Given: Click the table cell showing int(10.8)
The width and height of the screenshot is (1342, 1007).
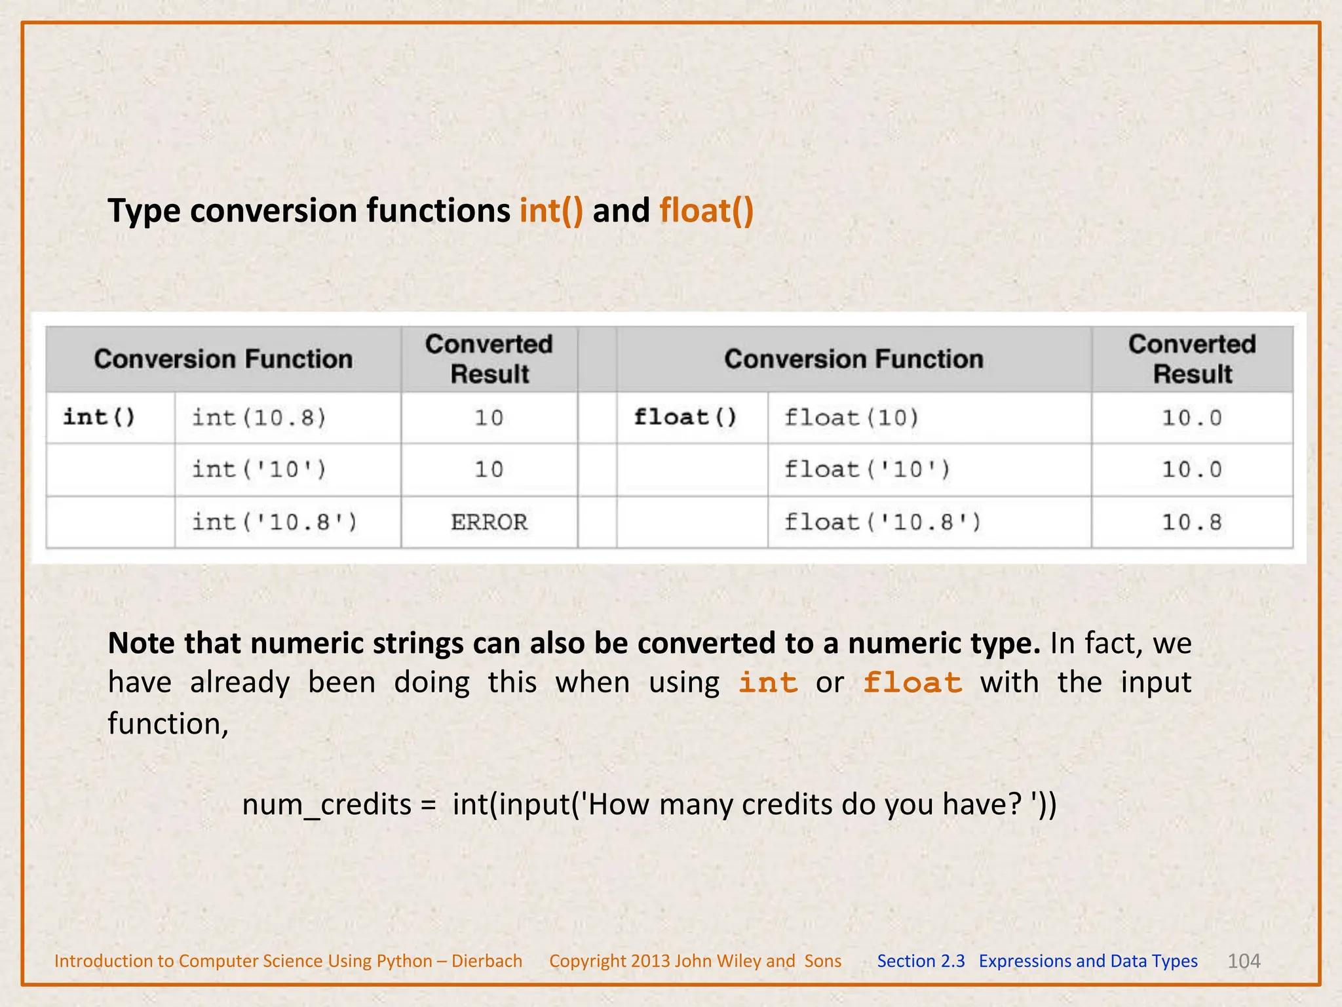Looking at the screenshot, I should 259,418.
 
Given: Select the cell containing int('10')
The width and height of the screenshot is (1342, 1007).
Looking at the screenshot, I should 259,469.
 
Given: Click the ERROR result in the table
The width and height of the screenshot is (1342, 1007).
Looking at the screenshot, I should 489,522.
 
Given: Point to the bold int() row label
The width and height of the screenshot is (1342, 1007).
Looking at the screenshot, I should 100,417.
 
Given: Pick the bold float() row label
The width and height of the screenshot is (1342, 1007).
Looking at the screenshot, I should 685,417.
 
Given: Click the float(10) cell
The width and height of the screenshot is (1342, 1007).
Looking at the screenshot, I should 852,418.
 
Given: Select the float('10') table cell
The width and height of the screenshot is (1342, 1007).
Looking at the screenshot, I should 868,469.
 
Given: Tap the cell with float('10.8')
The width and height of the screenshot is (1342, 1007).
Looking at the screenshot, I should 883,522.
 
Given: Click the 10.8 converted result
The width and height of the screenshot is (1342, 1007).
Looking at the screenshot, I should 1192,522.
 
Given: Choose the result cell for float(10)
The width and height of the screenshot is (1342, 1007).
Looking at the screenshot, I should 1192,418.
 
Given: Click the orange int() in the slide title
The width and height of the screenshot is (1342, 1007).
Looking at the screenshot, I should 551,211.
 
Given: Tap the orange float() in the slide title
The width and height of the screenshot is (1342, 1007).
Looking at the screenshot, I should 706,211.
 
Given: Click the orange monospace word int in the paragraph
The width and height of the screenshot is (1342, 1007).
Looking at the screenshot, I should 768,683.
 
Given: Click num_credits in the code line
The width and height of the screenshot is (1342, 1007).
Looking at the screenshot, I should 326,805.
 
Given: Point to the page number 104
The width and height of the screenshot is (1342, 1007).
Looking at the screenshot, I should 1244,961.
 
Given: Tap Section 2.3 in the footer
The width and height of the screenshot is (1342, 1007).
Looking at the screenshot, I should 921,961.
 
